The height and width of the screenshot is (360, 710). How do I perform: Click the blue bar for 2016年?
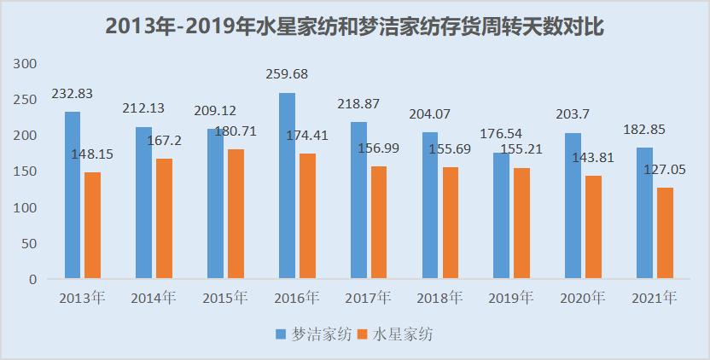pos(288,186)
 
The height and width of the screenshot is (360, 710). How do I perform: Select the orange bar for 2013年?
pos(92,225)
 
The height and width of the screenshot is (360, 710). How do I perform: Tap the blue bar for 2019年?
pos(502,216)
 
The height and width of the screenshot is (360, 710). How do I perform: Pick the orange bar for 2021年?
pos(665,233)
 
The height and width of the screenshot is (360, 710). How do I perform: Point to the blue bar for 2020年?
pos(573,206)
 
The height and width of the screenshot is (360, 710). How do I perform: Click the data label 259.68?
pos(287,74)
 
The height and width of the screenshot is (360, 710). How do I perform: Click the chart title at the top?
pos(355,26)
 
